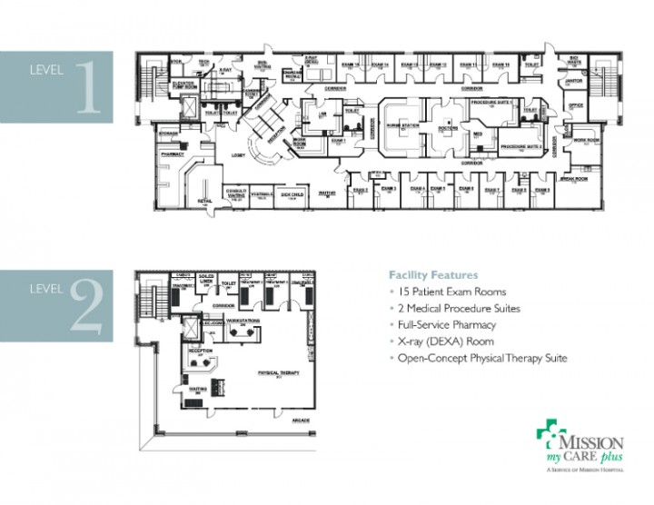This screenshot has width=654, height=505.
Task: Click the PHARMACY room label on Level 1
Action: point(173,155)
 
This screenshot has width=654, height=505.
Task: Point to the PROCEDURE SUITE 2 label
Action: point(521,145)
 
